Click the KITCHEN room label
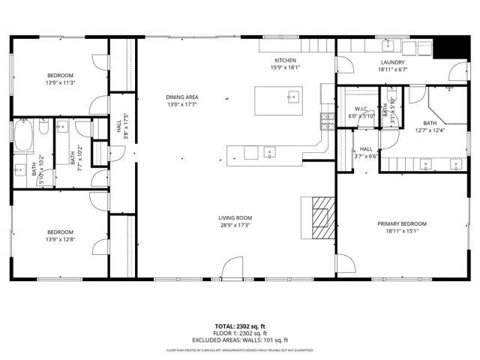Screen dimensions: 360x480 click(285, 60)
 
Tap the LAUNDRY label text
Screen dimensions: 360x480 click(392, 62)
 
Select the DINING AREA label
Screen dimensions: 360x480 click(182, 97)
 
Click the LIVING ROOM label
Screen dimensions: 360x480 click(234, 217)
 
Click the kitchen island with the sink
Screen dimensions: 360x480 click(282, 100)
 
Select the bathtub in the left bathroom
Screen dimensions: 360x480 click(24, 137)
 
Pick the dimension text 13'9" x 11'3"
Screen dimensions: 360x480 click(60, 83)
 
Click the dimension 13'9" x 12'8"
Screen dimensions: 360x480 click(60, 240)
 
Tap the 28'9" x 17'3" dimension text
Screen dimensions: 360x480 click(234, 225)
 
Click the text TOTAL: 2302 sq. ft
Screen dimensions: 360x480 click(240, 326)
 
